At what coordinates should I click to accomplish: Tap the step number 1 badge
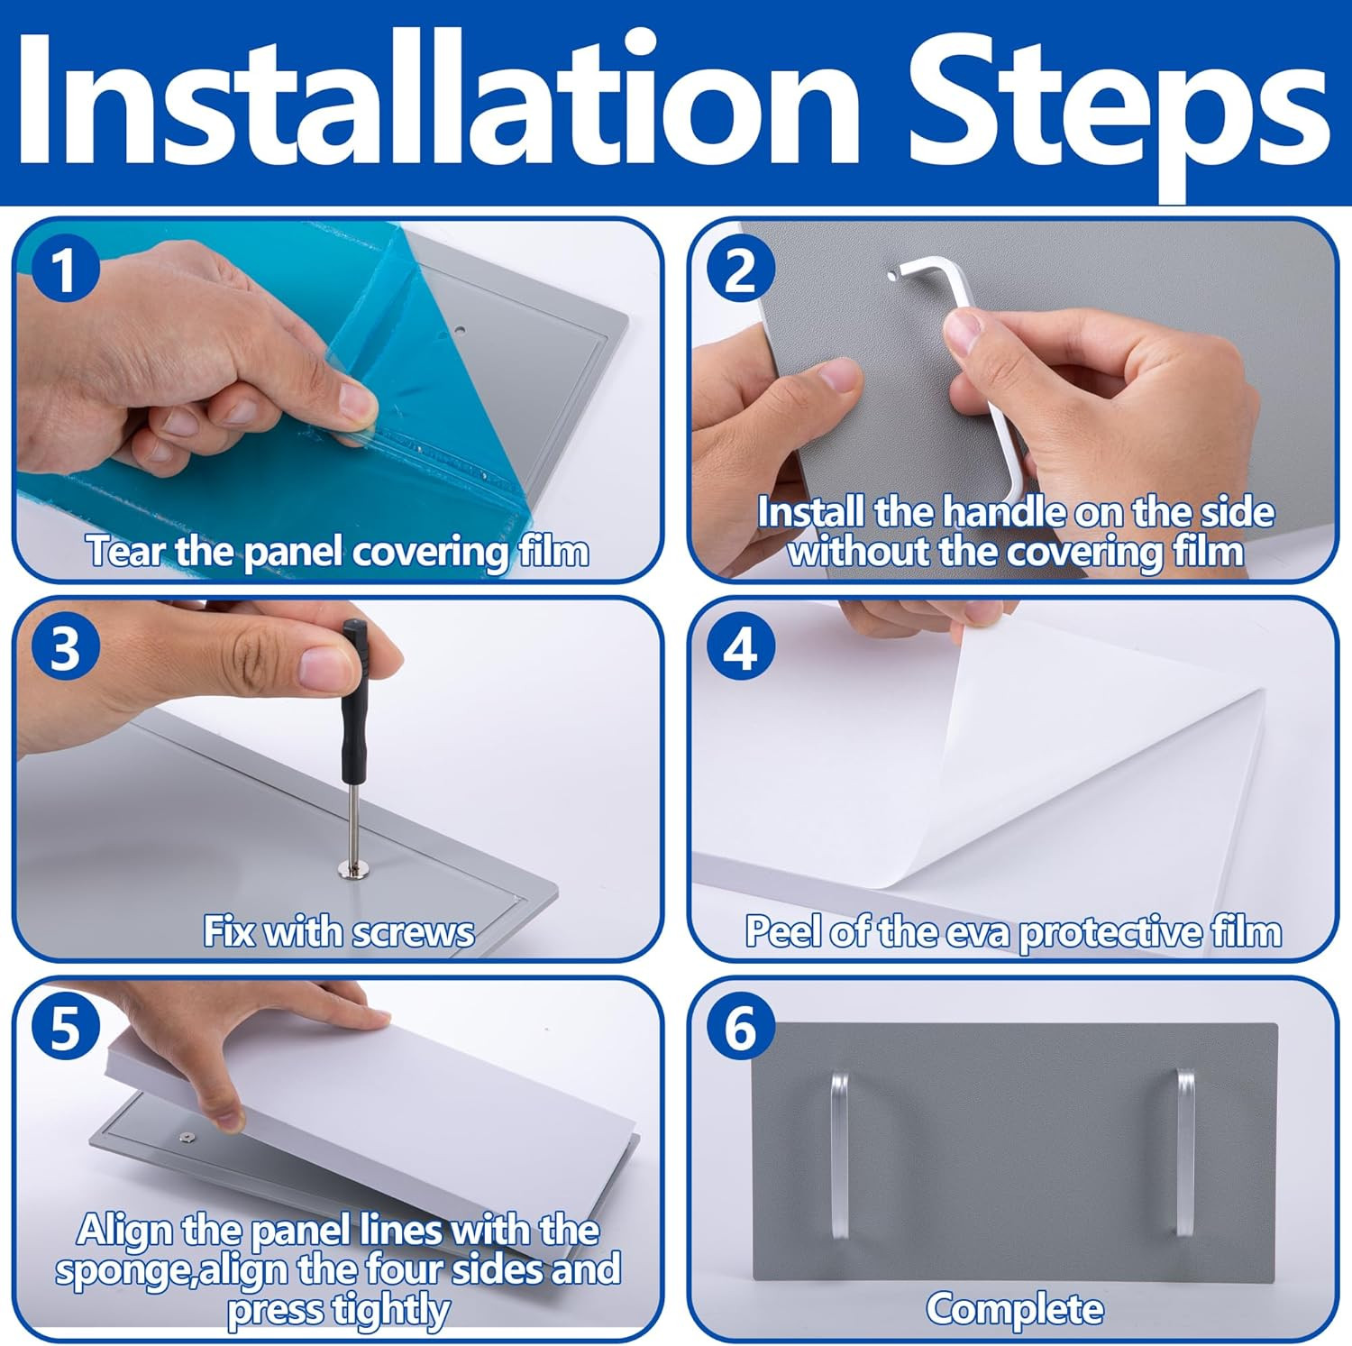pyautogui.click(x=63, y=270)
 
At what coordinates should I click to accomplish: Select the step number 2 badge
pyautogui.click(x=741, y=270)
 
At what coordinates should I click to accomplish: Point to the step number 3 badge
pyautogui.click(x=63, y=648)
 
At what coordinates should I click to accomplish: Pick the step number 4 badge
pyautogui.click(x=741, y=648)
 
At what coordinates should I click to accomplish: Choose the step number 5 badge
pyautogui.click(x=63, y=1027)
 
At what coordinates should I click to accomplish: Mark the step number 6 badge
pyautogui.click(x=741, y=1027)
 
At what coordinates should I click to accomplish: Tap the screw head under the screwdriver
pyautogui.click(x=353, y=868)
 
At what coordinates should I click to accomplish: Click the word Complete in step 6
pyautogui.click(x=1015, y=1309)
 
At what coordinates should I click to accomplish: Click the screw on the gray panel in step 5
pyautogui.click(x=187, y=1138)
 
